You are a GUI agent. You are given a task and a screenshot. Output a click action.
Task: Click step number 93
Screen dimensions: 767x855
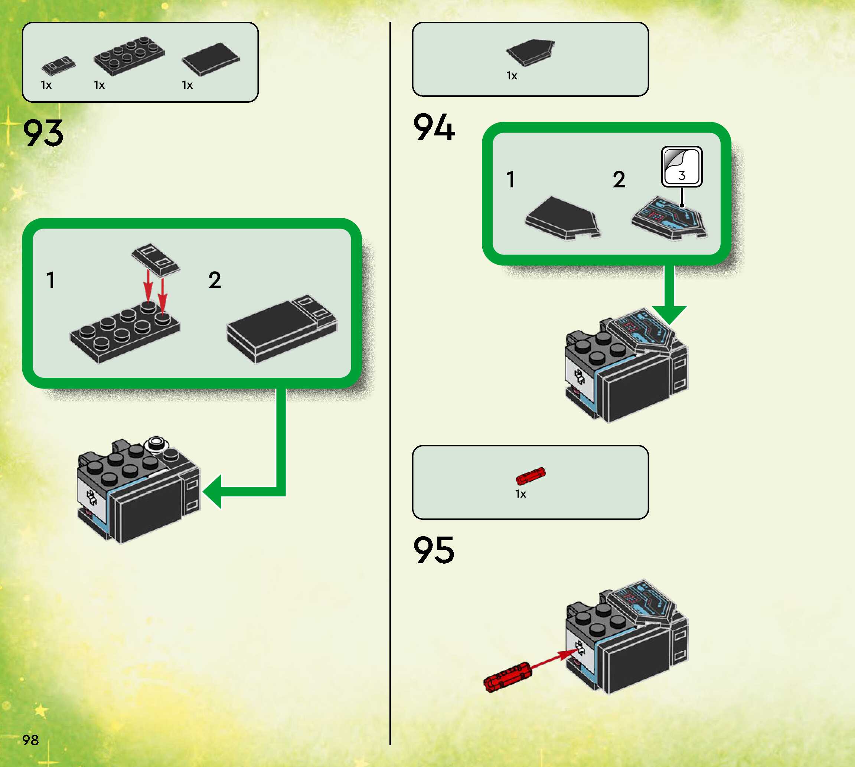pos(43,133)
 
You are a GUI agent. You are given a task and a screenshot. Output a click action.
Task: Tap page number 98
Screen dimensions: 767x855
pos(30,740)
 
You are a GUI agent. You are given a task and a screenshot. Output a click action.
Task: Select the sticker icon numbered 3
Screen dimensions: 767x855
pos(681,167)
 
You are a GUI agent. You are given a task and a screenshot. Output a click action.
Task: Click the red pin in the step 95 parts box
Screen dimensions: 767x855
pos(531,476)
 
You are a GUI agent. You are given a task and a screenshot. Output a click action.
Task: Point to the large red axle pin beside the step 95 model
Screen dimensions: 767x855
pos(508,676)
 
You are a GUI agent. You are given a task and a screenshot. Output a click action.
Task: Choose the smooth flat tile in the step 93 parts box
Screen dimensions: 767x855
pos(211,59)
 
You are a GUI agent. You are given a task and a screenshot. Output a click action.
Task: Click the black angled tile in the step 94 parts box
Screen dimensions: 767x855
pos(531,52)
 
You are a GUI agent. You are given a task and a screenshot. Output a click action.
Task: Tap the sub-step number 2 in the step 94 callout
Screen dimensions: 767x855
pos(619,180)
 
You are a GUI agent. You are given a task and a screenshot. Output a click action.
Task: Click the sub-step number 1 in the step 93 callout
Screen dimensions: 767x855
pos(50,280)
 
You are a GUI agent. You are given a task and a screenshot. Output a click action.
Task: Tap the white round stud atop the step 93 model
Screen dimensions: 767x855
pos(156,442)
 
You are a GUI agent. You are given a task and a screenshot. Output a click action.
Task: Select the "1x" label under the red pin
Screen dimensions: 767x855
pos(520,494)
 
